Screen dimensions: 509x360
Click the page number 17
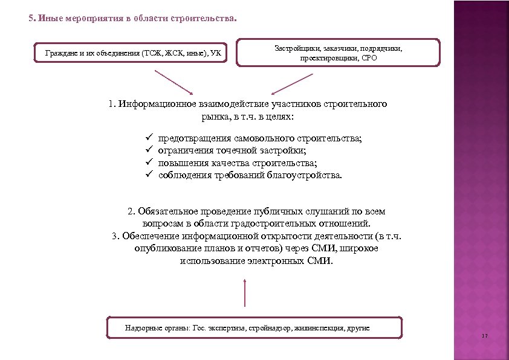[485, 336]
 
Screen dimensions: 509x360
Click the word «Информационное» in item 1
[153, 104]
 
